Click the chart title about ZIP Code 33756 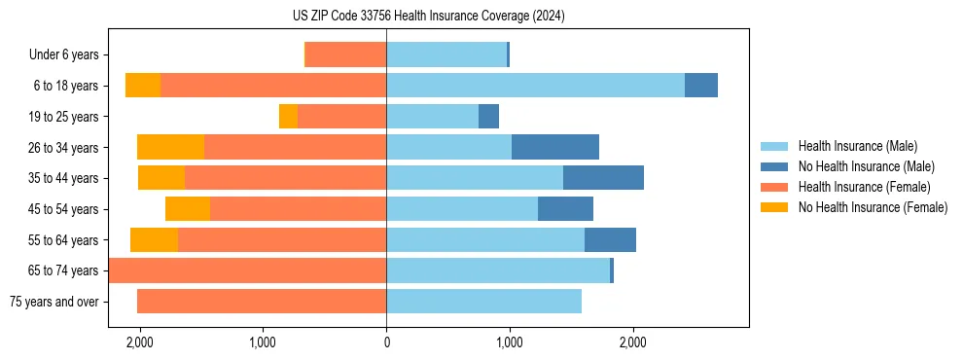pos(428,17)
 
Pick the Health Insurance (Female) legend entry pos(864,187)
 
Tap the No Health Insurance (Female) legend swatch pos(776,207)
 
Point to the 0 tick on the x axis pos(386,342)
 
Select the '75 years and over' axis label pos(54,302)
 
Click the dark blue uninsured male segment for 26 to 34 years pos(555,147)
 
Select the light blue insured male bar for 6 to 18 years pos(535,86)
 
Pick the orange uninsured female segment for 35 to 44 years pos(161,178)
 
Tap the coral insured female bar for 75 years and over pos(262,302)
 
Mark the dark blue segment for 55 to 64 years pos(610,239)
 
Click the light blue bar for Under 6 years pos(446,54)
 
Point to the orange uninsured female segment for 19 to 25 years pos(288,117)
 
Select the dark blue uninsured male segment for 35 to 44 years pos(603,178)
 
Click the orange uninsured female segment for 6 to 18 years pos(143,86)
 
